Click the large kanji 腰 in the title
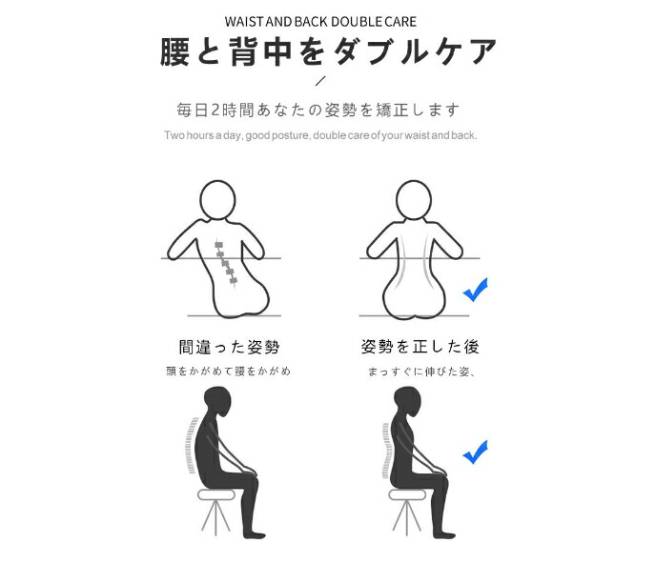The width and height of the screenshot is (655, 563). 175,51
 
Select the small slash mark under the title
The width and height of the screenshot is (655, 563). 320,81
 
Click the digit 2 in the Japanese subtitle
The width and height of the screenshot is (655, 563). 215,111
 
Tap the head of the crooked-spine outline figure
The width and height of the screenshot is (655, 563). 217,199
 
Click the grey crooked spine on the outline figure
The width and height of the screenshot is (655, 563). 226,262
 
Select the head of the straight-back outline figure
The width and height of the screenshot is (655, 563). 413,199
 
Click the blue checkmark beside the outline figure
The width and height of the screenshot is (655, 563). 476,290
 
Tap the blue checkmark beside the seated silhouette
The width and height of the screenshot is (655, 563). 476,452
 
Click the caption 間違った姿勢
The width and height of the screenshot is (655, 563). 230,347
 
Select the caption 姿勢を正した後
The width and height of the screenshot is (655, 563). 420,347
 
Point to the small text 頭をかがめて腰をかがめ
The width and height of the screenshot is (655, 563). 228,371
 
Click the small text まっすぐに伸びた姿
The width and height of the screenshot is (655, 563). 419,371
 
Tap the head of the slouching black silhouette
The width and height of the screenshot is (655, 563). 217,401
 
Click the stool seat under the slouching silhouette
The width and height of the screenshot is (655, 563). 216,495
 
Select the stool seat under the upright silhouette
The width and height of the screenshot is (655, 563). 407,495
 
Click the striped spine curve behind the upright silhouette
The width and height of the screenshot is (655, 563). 386,450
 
